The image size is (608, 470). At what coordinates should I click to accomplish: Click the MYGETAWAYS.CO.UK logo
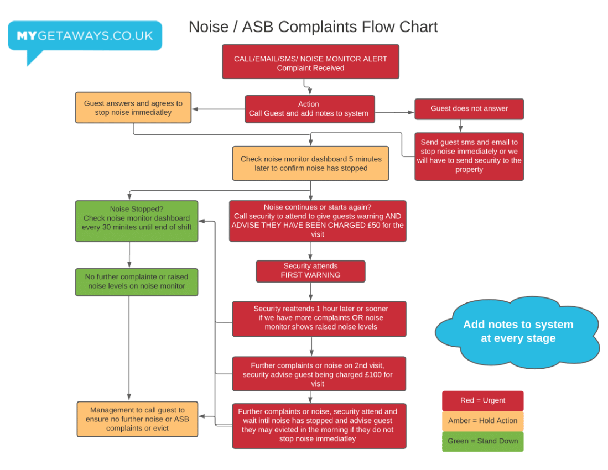(x=85, y=36)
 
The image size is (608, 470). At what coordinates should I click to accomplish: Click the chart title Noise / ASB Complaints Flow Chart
(x=313, y=27)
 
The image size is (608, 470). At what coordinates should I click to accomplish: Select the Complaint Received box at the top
(x=310, y=62)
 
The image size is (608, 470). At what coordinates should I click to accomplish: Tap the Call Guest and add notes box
(x=309, y=108)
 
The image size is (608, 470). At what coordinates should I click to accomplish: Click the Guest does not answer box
(x=469, y=109)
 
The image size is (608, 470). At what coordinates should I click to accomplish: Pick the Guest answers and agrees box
(x=133, y=107)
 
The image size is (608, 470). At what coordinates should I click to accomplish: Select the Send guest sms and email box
(x=469, y=156)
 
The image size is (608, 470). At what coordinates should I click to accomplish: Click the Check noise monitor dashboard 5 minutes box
(x=310, y=163)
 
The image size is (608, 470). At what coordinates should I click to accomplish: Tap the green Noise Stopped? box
(x=136, y=221)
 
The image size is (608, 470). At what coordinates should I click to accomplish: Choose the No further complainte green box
(x=136, y=281)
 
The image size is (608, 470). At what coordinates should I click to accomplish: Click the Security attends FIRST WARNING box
(x=310, y=271)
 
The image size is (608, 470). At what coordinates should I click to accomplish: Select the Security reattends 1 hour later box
(x=319, y=318)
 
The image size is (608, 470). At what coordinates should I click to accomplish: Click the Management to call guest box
(x=137, y=419)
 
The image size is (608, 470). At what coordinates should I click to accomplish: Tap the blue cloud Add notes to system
(x=517, y=331)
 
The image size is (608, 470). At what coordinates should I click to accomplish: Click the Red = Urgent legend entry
(x=482, y=401)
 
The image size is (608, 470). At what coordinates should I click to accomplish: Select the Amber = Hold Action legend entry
(x=482, y=421)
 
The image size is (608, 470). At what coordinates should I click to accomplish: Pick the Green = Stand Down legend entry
(x=482, y=442)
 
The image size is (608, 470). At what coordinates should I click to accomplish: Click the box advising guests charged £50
(x=318, y=221)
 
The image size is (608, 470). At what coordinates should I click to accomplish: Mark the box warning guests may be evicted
(x=319, y=425)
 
